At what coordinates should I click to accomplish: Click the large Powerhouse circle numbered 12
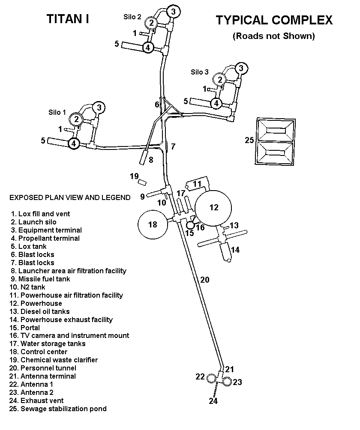(213, 208)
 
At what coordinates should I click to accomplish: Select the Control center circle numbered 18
(153, 224)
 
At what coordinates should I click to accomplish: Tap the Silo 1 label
(57, 113)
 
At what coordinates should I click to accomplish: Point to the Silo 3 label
(200, 72)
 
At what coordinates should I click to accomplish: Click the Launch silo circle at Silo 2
(151, 23)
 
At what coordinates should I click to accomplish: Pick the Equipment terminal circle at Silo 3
(241, 68)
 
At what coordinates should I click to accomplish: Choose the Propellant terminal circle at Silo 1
(74, 143)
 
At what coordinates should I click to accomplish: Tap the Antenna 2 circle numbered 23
(227, 381)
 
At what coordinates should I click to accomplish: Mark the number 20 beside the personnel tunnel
(205, 280)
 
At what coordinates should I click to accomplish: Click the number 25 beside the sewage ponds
(249, 140)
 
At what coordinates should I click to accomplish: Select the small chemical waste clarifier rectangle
(142, 182)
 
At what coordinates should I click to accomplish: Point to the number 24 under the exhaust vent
(213, 401)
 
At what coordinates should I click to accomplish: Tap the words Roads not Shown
(274, 36)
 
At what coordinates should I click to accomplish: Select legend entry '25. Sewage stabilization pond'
(58, 409)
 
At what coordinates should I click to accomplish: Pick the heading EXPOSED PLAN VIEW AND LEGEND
(70, 197)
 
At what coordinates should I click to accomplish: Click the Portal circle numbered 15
(191, 225)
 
